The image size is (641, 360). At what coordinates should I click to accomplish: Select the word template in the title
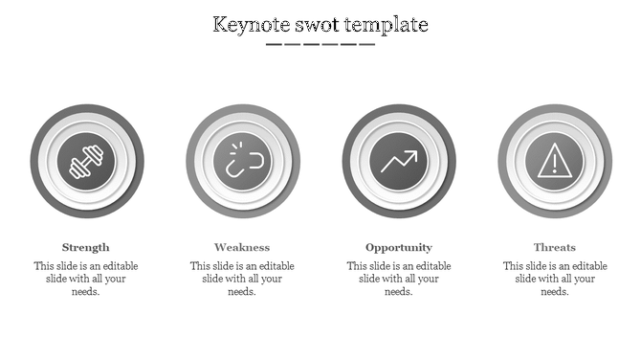coord(389,24)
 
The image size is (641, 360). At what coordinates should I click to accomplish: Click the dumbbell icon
coord(86,161)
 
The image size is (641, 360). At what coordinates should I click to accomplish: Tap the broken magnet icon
coord(243,161)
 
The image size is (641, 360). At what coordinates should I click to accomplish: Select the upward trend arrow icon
coord(399,161)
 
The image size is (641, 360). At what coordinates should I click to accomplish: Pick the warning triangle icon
coord(555,161)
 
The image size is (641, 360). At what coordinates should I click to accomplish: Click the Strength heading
coord(86,247)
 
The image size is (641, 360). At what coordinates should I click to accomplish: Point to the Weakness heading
coord(242,247)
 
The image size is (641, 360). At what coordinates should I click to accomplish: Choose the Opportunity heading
coord(399,247)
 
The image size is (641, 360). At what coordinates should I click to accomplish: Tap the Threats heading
coord(555,247)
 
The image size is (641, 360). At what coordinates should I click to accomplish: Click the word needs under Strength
coord(86,292)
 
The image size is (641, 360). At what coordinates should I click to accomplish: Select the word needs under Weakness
coord(242,292)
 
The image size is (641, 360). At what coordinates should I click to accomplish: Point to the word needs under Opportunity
coord(399,292)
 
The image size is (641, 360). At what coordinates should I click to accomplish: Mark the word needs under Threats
coord(555,292)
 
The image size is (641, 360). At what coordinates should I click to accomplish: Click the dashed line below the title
coord(320,44)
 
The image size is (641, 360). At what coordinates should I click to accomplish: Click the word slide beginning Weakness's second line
coord(215,280)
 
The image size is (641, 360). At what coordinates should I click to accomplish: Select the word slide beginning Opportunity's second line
coord(372,280)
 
